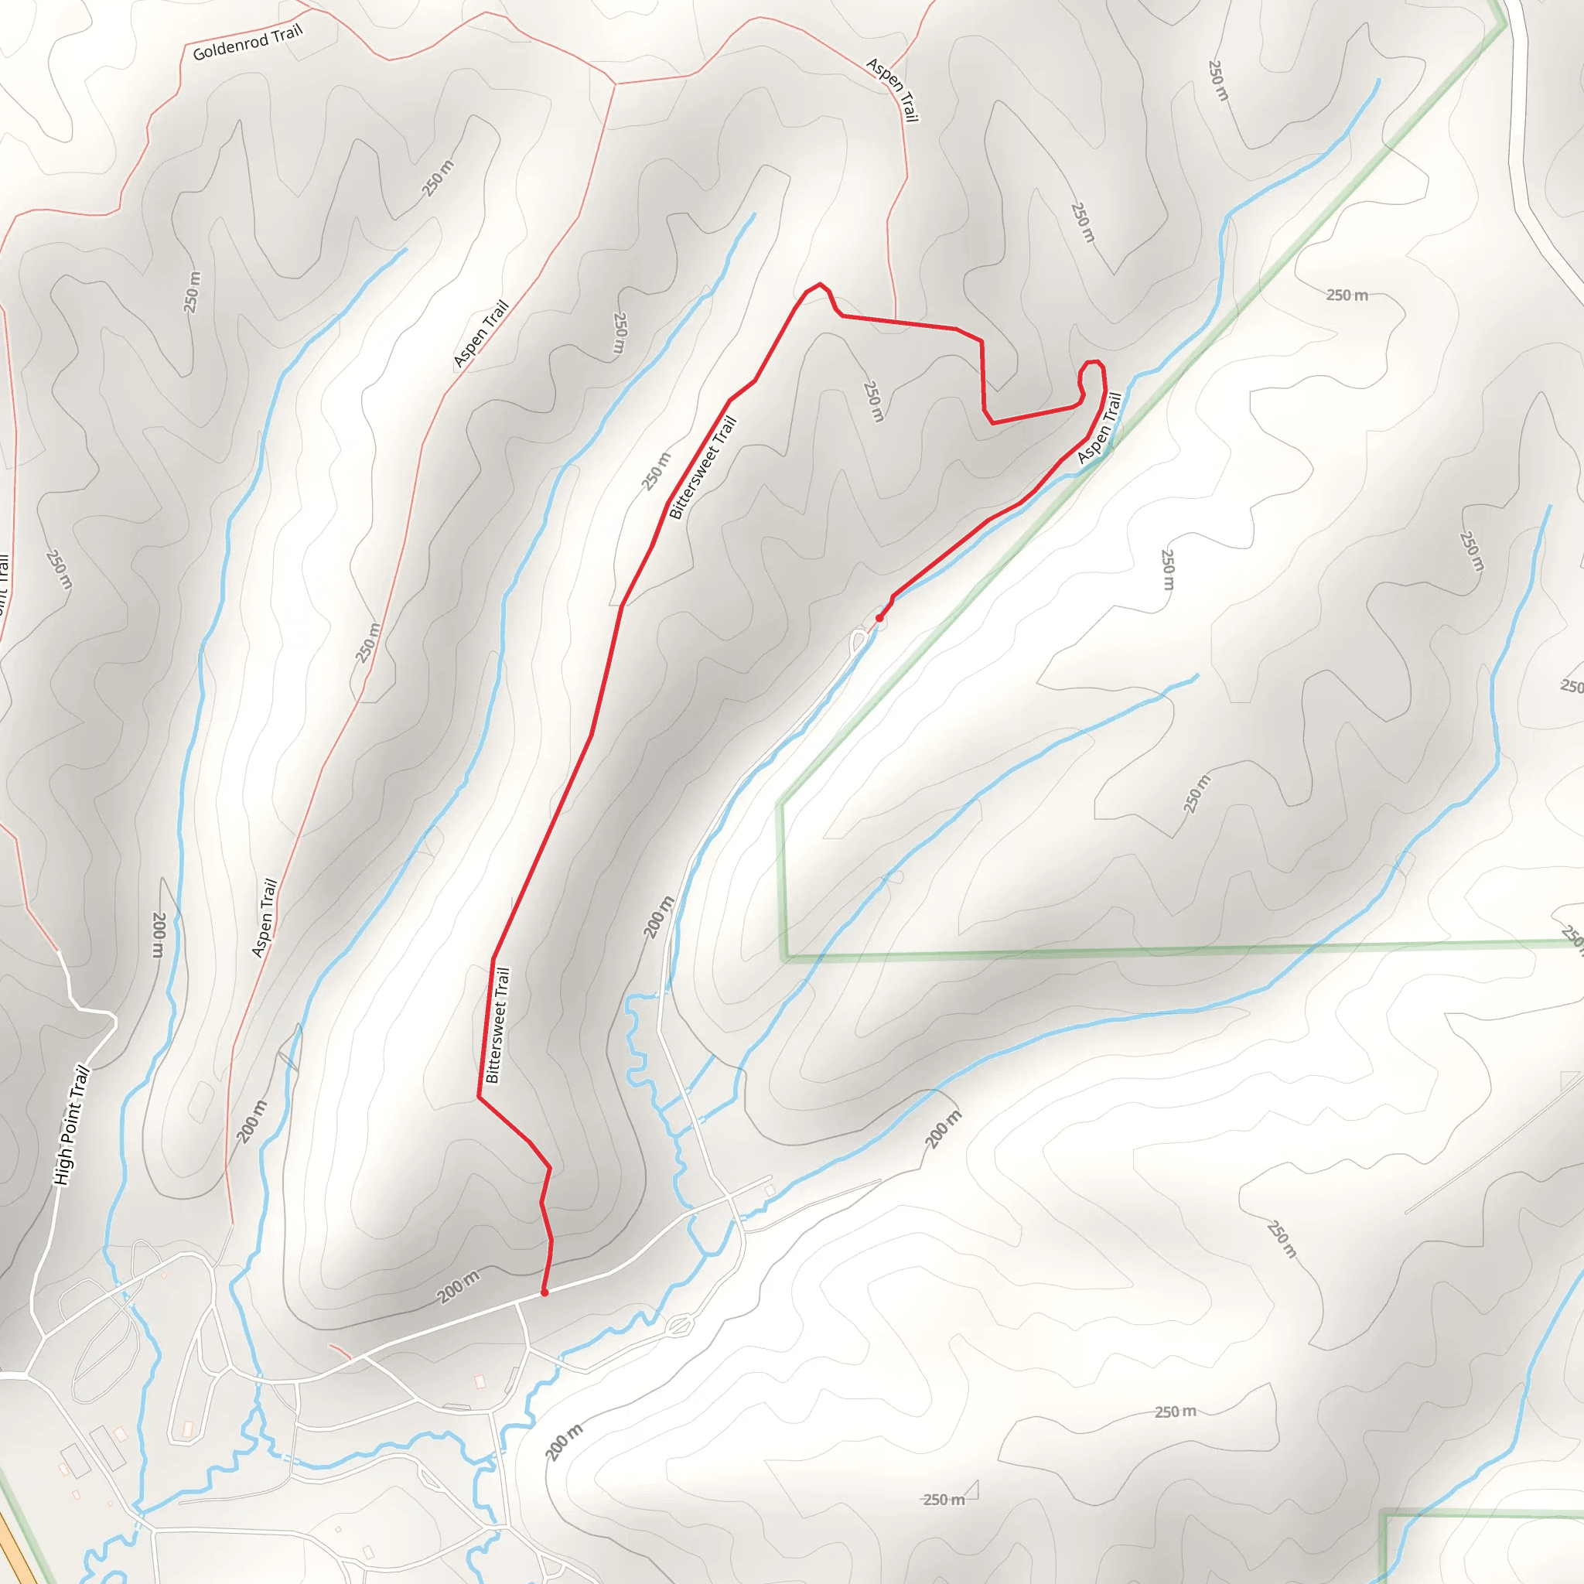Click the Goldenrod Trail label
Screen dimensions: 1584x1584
pyautogui.click(x=247, y=43)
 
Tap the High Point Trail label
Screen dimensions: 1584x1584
pyautogui.click(x=70, y=1125)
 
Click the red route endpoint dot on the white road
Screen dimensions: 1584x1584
pyautogui.click(x=544, y=1293)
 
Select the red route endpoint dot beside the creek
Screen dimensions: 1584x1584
pyautogui.click(x=879, y=618)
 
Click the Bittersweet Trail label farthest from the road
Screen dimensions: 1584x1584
pyautogui.click(x=704, y=468)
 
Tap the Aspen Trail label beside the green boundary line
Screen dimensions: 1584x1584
pyautogui.click(x=1100, y=428)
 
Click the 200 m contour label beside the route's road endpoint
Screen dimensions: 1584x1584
pyautogui.click(x=459, y=1287)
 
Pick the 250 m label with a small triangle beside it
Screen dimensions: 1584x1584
pyautogui.click(x=944, y=1500)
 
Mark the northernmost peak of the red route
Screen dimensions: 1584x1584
pyautogui.click(x=820, y=285)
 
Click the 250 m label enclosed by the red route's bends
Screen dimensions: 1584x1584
pyautogui.click(x=874, y=401)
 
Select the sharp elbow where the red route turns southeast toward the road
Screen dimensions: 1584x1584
pyautogui.click(x=479, y=1096)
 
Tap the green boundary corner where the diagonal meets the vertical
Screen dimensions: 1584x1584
pyautogui.click(x=780, y=803)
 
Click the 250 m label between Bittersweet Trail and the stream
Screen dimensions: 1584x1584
pyautogui.click(x=656, y=472)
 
